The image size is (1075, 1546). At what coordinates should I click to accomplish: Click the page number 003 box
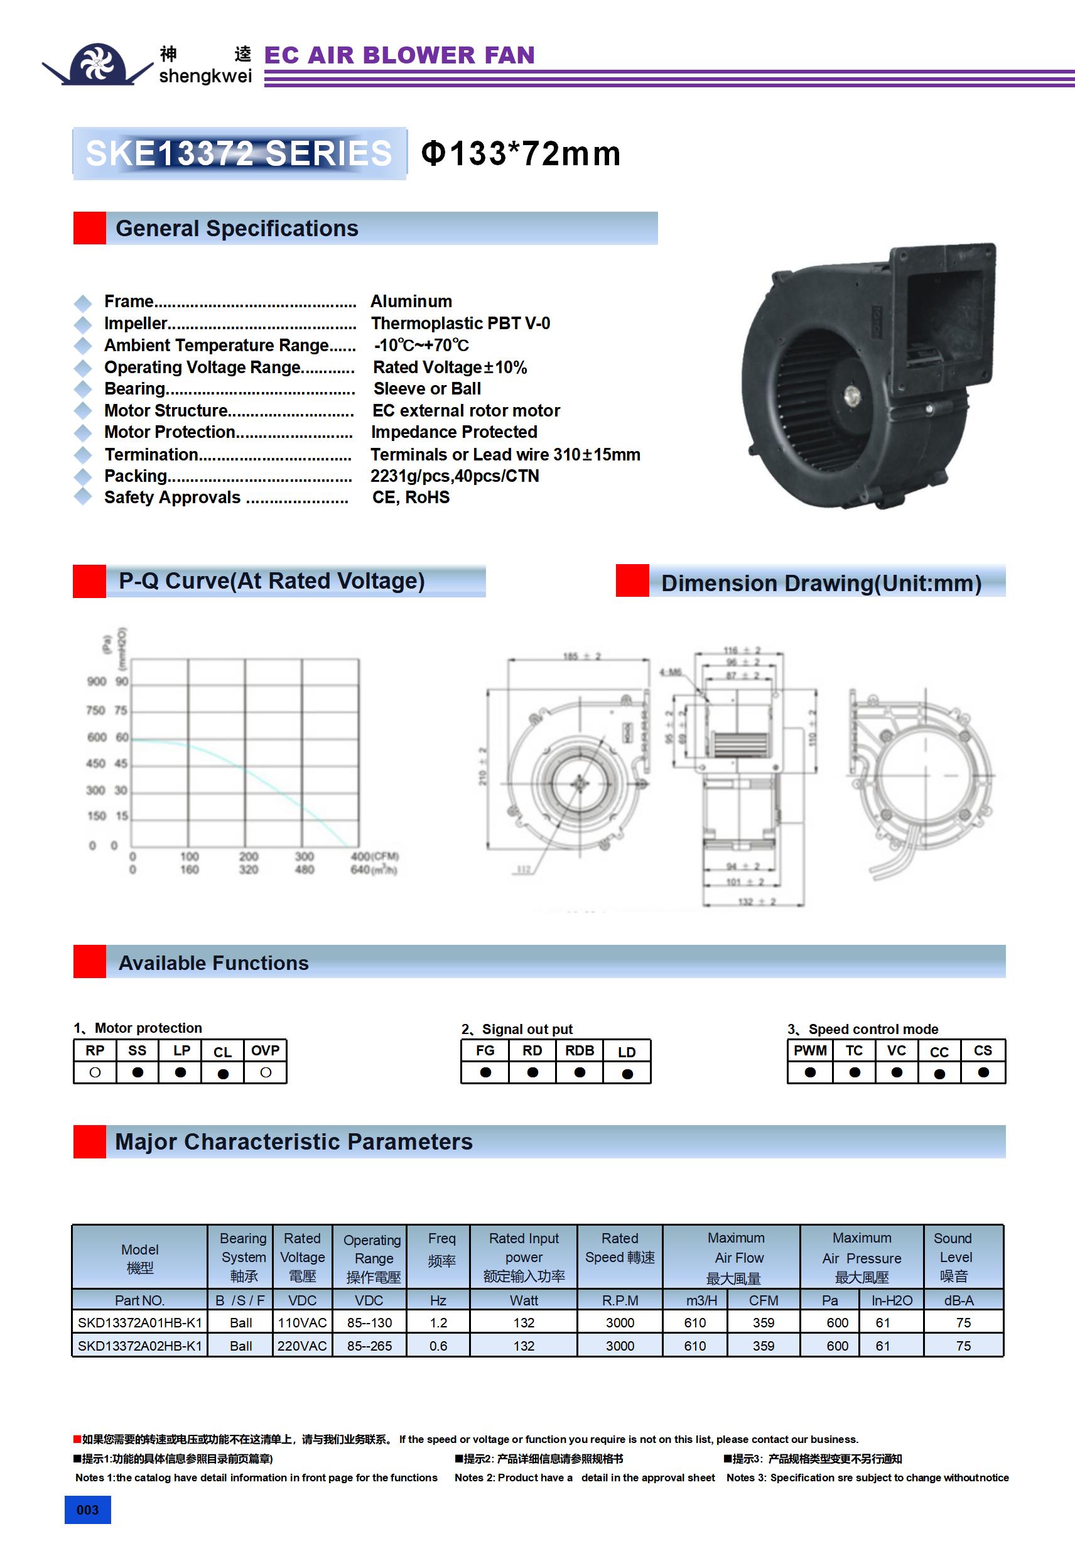[x=87, y=1510]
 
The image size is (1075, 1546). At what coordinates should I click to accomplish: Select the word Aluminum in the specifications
[x=411, y=301]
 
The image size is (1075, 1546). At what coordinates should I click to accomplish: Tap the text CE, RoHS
[x=411, y=498]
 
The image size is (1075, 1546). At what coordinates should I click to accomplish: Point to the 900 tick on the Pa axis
[x=97, y=682]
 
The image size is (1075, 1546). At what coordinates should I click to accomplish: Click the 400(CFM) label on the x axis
[x=374, y=856]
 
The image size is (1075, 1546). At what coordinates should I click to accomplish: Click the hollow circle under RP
[x=95, y=1072]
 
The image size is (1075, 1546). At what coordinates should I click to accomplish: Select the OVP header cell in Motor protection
[x=265, y=1050]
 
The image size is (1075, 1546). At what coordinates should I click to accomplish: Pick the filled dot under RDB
[x=580, y=1072]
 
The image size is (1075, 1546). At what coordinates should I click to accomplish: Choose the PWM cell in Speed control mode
[x=810, y=1050]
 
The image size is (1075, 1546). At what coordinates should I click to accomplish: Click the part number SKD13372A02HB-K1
[x=140, y=1346]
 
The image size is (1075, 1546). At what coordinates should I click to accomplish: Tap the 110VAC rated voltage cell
[x=302, y=1322]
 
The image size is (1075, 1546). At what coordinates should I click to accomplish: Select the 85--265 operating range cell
[x=370, y=1346]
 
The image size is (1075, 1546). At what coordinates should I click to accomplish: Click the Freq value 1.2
[x=439, y=1322]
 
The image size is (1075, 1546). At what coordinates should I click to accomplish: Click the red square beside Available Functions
[x=90, y=962]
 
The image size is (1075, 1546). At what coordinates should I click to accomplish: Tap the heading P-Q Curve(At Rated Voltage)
[x=271, y=580]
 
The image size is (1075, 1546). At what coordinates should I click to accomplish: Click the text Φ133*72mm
[x=521, y=153]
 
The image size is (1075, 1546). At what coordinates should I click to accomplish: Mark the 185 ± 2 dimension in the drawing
[x=581, y=656]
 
